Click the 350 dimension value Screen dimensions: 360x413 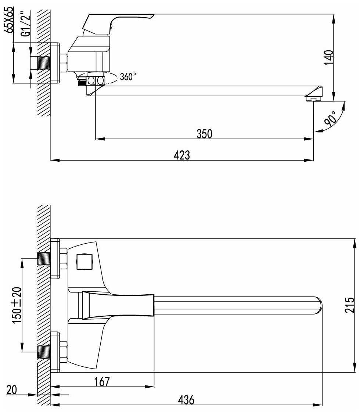204,133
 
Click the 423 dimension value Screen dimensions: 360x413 182,155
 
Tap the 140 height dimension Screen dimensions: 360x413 328,57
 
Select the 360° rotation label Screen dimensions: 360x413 128,77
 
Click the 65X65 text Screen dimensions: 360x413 9,20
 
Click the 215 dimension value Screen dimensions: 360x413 350,305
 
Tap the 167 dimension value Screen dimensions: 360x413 102,381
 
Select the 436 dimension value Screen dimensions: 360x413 186,399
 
